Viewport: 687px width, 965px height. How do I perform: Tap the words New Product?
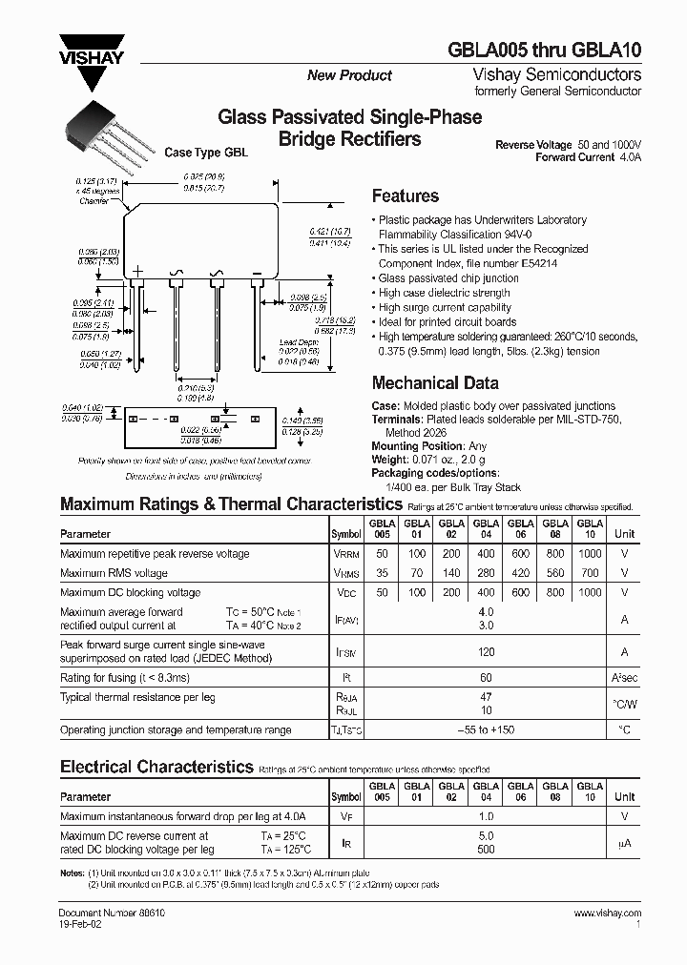tap(349, 75)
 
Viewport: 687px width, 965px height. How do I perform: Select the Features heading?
tap(405, 196)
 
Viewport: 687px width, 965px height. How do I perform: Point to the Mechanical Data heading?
tap(434, 383)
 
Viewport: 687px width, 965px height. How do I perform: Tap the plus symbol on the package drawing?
tap(136, 273)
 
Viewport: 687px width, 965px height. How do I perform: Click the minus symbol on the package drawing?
tap(257, 274)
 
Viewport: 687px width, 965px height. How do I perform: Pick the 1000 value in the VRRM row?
tap(590, 554)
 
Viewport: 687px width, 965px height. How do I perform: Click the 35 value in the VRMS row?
tap(382, 573)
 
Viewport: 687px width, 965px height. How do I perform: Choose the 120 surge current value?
tap(486, 652)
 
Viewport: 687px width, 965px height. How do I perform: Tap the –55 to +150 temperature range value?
tap(486, 730)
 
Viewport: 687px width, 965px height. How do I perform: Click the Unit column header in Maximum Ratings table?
tap(624, 534)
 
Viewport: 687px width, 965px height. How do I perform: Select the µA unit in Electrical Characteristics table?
tap(624, 843)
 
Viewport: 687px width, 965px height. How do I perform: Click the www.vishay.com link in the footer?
tap(607, 913)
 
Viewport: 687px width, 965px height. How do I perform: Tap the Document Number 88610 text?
tap(99, 913)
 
